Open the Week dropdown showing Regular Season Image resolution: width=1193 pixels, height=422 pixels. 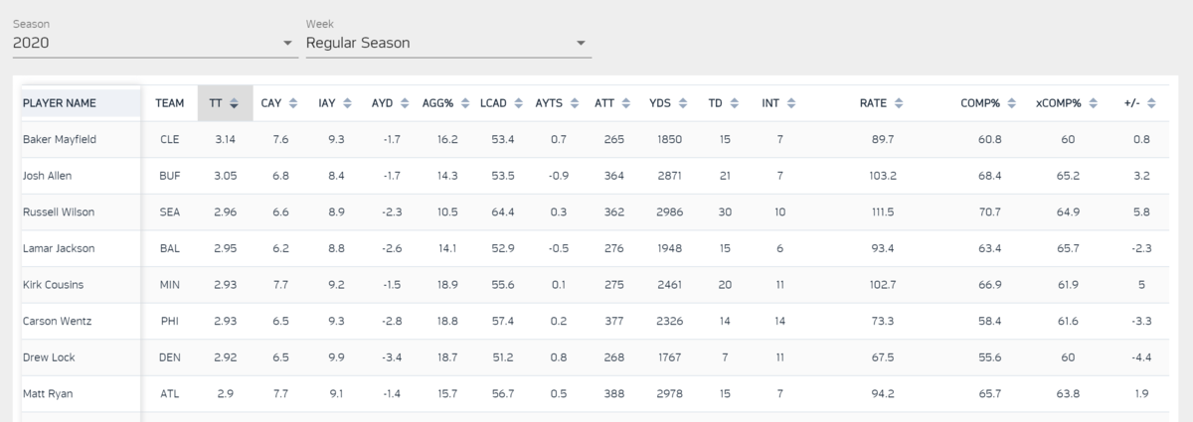[447, 43]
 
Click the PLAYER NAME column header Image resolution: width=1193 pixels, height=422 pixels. [60, 102]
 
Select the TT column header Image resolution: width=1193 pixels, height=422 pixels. [217, 102]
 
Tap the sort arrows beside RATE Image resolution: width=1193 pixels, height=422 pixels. [899, 102]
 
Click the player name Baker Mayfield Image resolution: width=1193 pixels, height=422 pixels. [60, 140]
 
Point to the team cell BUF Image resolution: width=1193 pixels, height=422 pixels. [170, 176]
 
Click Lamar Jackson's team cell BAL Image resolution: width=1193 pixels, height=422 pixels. [170, 248]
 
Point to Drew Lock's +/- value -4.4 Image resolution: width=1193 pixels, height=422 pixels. [1140, 357]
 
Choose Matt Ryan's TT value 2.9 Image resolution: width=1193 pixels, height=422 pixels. [226, 394]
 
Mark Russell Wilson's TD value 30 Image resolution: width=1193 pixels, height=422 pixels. [725, 212]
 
